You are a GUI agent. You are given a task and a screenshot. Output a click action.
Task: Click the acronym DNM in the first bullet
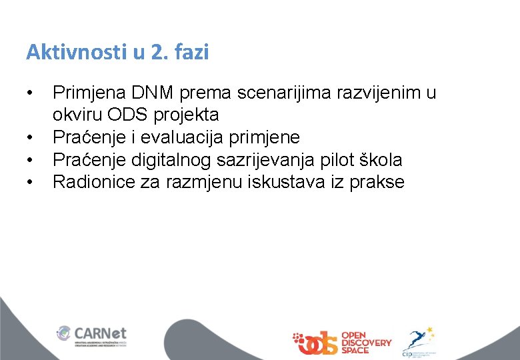coord(151,93)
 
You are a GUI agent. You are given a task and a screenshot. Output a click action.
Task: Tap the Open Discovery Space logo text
coord(366,343)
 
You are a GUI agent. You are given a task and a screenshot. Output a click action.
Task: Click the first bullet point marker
coord(30,93)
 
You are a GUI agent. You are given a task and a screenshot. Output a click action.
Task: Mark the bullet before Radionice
coord(30,182)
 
